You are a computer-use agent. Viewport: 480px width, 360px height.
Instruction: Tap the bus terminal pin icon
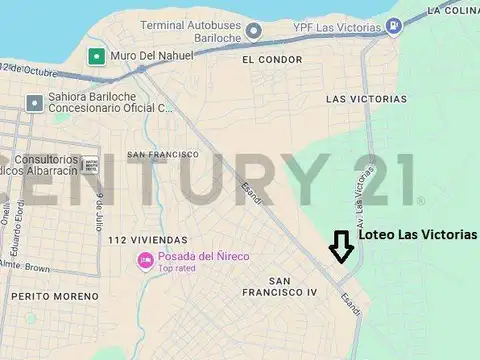tap(254, 30)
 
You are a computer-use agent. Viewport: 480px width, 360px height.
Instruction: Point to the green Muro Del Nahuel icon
tap(95, 57)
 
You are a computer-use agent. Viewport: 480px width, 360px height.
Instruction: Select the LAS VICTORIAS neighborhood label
tap(366, 100)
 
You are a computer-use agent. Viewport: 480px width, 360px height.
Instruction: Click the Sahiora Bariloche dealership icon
tap(36, 102)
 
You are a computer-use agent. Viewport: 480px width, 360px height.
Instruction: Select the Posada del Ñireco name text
tap(204, 257)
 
